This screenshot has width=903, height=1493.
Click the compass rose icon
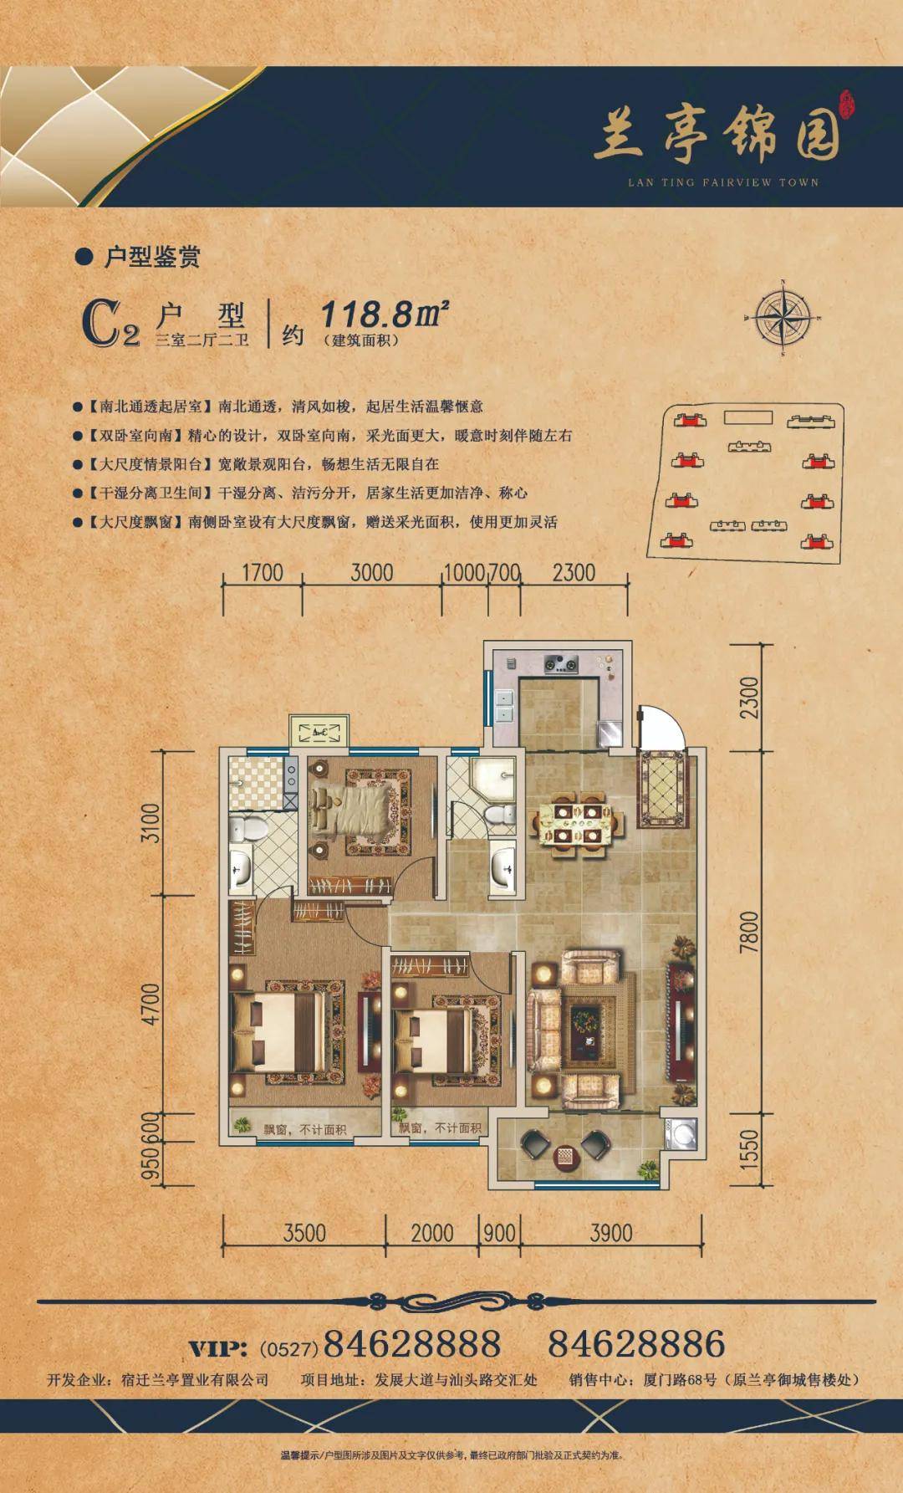(783, 318)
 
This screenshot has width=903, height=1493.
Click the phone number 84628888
(411, 1344)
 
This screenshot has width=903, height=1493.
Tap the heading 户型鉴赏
(150, 257)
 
